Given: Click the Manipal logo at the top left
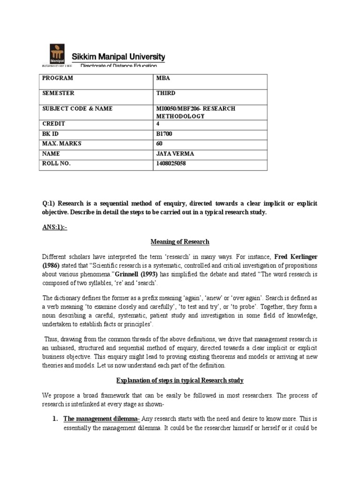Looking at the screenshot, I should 58,55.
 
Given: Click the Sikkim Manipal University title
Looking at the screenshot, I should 118,57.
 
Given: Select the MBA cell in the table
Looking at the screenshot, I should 162,78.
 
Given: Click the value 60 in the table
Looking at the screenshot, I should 159,144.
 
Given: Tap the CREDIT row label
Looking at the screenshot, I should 53,124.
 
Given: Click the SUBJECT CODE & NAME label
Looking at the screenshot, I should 77,109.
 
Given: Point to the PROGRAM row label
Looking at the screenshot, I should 57,78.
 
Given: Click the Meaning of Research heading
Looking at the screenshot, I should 180,242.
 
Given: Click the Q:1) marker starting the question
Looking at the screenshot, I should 49,203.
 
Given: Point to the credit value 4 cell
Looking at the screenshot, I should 158,124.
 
